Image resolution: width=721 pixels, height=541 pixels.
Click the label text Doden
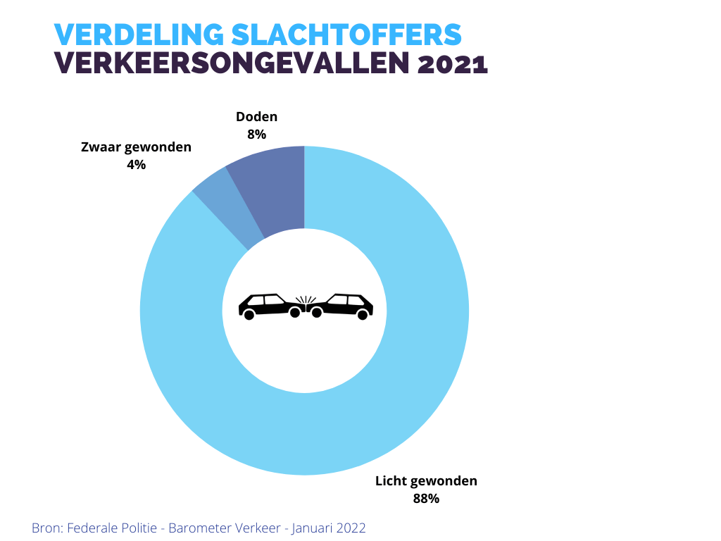[x=256, y=117]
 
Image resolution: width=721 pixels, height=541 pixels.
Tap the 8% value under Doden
[x=256, y=134]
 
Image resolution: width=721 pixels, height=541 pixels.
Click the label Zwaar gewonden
[x=136, y=147]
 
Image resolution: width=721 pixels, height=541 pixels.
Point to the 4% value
[x=136, y=164]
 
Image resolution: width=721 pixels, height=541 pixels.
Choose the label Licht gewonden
[x=426, y=481]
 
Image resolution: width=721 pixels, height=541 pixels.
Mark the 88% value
[x=426, y=499]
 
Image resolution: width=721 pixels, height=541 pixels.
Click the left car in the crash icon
[x=268, y=306]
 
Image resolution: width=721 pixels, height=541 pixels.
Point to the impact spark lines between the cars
[x=304, y=300]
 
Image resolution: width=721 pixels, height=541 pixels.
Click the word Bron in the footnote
[x=44, y=528]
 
